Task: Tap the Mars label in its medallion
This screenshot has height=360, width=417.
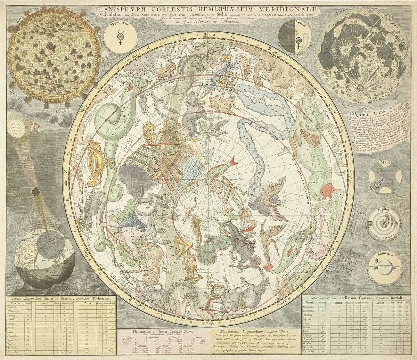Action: point(385,162)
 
